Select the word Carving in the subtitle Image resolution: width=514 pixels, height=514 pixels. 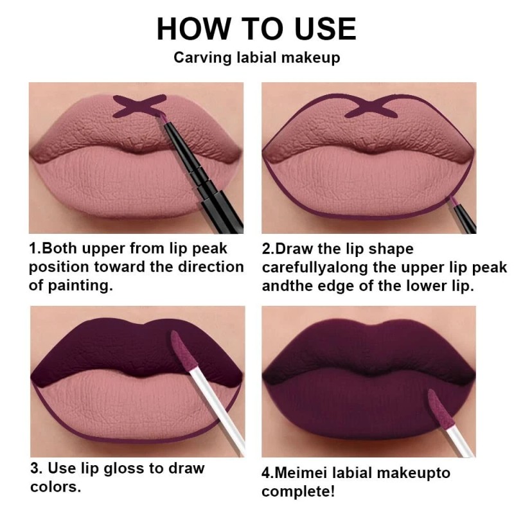click(x=200, y=58)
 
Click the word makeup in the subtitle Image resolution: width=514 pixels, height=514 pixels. click(x=312, y=58)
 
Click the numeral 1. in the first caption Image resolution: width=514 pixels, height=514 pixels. click(x=35, y=248)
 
